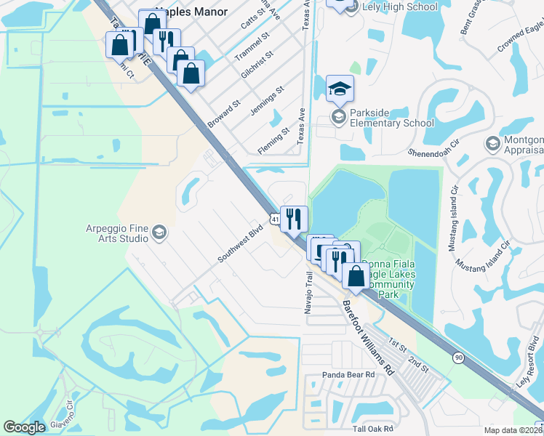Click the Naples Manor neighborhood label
click(195, 12)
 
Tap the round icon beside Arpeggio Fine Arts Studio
click(159, 233)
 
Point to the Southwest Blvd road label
click(239, 247)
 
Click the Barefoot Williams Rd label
click(367, 337)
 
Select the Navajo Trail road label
click(308, 288)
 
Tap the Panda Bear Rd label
click(348, 375)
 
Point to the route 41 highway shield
click(273, 218)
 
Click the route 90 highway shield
click(457, 357)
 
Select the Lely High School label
click(402, 7)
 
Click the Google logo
click(25, 427)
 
